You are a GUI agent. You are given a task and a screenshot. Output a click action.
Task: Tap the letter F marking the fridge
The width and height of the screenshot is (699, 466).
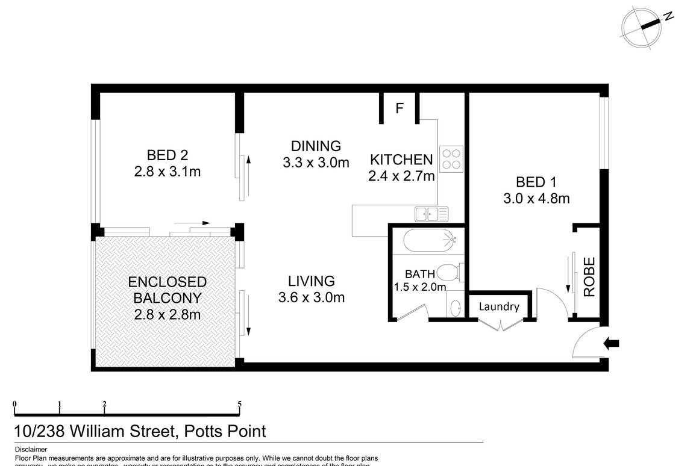coord(399,109)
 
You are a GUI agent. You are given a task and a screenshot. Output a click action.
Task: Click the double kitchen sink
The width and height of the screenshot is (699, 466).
coord(431,213)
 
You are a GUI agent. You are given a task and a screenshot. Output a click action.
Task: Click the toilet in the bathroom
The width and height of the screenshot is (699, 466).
coord(451,272)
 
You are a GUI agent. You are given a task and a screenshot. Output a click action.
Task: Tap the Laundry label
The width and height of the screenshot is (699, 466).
coord(499,306)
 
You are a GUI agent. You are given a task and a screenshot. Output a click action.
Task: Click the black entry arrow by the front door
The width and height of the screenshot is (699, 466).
coord(611,344)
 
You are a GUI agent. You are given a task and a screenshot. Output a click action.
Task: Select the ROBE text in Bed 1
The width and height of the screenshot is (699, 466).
coord(589,277)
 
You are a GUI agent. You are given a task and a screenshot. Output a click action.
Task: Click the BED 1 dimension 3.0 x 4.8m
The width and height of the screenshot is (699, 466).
coord(536,198)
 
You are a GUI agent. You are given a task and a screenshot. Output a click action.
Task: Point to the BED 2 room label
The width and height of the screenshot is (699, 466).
coord(167,155)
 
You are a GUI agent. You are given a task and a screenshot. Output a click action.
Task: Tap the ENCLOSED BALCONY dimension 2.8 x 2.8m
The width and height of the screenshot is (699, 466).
coord(167,314)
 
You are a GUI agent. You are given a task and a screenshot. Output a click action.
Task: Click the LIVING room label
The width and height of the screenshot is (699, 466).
coord(311,281)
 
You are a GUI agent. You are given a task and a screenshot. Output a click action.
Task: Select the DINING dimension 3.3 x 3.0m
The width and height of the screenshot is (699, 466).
coord(316,162)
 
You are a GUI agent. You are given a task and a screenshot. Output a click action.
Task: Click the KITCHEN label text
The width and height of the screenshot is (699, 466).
coord(401,160)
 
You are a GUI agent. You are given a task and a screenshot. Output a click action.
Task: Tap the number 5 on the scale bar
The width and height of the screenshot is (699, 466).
coord(240,404)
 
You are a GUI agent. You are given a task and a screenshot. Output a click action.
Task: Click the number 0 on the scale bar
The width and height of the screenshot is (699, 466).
coord(14,404)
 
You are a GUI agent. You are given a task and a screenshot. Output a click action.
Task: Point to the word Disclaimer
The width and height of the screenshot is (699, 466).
coord(31,449)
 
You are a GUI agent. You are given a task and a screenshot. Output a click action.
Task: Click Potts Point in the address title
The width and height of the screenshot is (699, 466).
coord(225,431)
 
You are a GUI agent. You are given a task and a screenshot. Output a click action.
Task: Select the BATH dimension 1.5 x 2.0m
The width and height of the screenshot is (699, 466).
coord(420,287)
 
